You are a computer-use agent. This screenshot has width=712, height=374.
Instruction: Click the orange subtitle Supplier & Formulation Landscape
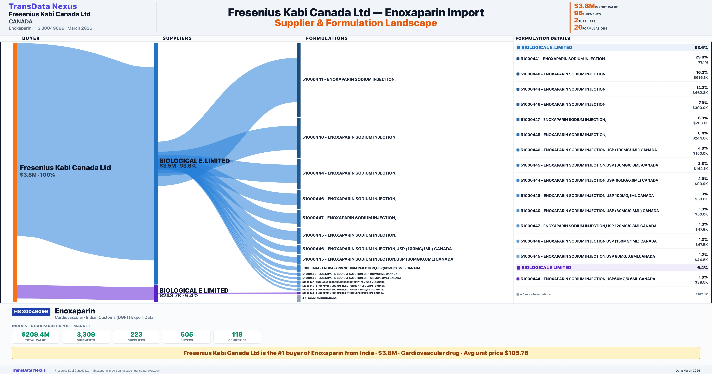click(356, 23)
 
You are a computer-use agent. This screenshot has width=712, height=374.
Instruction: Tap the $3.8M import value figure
click(584, 6)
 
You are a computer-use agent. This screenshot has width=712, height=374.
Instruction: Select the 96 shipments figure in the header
click(578, 13)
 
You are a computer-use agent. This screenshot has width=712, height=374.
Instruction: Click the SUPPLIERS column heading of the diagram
click(177, 38)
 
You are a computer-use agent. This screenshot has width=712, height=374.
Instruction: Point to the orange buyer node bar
click(15, 172)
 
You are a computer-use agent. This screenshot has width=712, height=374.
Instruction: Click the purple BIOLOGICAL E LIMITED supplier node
click(156, 293)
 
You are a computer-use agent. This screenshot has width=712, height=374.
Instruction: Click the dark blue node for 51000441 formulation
click(299, 80)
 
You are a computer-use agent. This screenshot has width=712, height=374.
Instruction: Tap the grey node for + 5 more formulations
click(299, 298)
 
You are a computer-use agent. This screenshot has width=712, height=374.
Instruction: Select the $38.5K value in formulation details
click(701, 282)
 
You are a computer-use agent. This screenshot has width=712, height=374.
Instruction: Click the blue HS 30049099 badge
click(31, 312)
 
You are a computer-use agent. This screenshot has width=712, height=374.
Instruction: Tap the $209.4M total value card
click(36, 336)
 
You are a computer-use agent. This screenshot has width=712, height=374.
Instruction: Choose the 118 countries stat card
click(237, 336)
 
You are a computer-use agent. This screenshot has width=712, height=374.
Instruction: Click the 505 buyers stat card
click(187, 336)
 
